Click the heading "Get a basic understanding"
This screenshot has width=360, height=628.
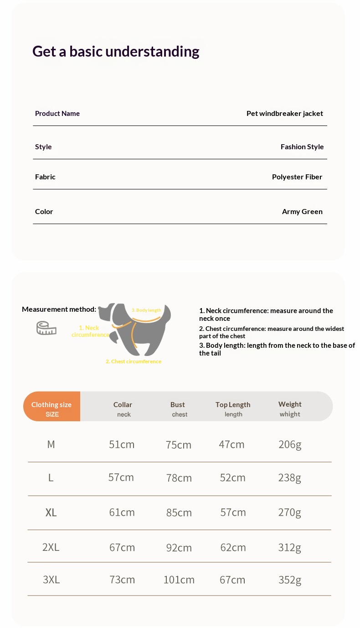pos(116,52)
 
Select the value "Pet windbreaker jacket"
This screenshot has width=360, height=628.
pos(284,114)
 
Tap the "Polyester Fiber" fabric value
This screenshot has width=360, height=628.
pos(297,177)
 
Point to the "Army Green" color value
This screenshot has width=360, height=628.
pos(302,212)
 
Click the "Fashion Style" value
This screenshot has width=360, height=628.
pos(302,147)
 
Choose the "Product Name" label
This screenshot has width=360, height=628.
pos(57,114)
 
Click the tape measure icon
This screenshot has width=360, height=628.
pos(46,328)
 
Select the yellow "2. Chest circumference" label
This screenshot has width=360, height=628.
pos(134,361)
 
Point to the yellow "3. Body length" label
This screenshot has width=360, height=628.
pos(146,310)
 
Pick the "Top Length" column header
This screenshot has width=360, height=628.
pos(233,405)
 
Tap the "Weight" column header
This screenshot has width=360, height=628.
pos(290,404)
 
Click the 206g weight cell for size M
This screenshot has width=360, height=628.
pos(290,445)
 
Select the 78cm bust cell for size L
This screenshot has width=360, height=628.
pos(179,478)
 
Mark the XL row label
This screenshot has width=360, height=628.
pos(51,513)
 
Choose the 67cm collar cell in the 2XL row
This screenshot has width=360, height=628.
pos(122,547)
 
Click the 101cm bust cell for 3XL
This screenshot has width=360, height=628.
pos(179,580)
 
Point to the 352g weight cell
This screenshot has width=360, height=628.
pos(290,580)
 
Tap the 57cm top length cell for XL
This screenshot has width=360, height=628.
pos(233,513)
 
